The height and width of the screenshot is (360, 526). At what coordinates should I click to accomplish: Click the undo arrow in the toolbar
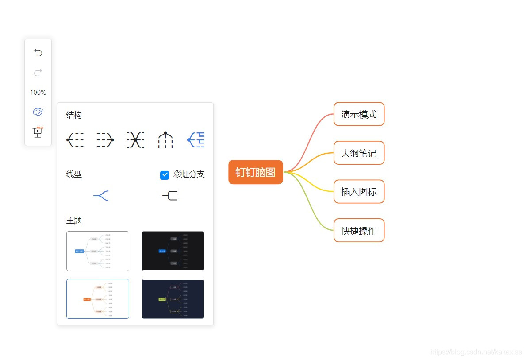(x=38, y=53)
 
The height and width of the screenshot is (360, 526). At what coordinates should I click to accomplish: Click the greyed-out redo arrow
(x=38, y=72)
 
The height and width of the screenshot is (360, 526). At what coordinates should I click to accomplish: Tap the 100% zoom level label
(x=38, y=93)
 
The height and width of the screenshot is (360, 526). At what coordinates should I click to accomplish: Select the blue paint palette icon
(x=38, y=112)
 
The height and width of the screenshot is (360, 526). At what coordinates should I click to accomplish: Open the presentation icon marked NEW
(x=38, y=132)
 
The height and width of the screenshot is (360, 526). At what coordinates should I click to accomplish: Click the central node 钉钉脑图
(x=255, y=172)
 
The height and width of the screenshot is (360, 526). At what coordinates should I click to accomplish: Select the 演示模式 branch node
(x=359, y=114)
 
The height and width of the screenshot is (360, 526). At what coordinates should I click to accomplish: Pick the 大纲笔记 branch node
(x=359, y=153)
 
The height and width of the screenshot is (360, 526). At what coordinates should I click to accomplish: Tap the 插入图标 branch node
(x=359, y=192)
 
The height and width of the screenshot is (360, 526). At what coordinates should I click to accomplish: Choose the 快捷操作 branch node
(x=359, y=230)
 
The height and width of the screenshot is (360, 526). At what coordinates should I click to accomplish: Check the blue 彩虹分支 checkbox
(x=165, y=175)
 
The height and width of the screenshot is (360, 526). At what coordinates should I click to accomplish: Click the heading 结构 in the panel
(x=74, y=115)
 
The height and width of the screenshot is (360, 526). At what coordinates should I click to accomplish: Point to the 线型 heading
(x=74, y=174)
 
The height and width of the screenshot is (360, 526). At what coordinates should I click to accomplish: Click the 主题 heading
(x=74, y=221)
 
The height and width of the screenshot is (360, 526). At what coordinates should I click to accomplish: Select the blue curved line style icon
(x=101, y=196)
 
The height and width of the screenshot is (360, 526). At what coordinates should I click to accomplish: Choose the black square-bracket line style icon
(x=170, y=196)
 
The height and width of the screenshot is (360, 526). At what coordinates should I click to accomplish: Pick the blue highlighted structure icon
(x=196, y=140)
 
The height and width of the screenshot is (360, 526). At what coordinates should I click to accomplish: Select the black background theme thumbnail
(x=173, y=251)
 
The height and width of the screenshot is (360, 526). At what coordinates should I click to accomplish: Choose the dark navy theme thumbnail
(x=173, y=299)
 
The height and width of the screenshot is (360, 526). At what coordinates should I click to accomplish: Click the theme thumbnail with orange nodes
(x=98, y=299)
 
